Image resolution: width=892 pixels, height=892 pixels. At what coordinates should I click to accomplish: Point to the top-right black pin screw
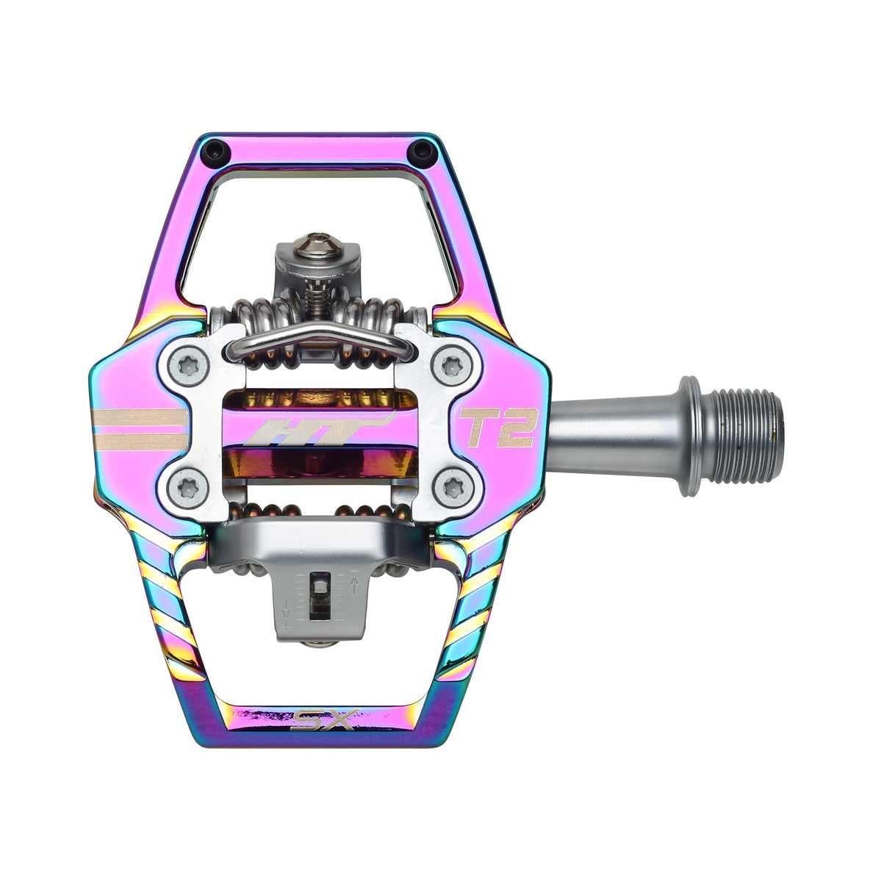pos(421,151)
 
